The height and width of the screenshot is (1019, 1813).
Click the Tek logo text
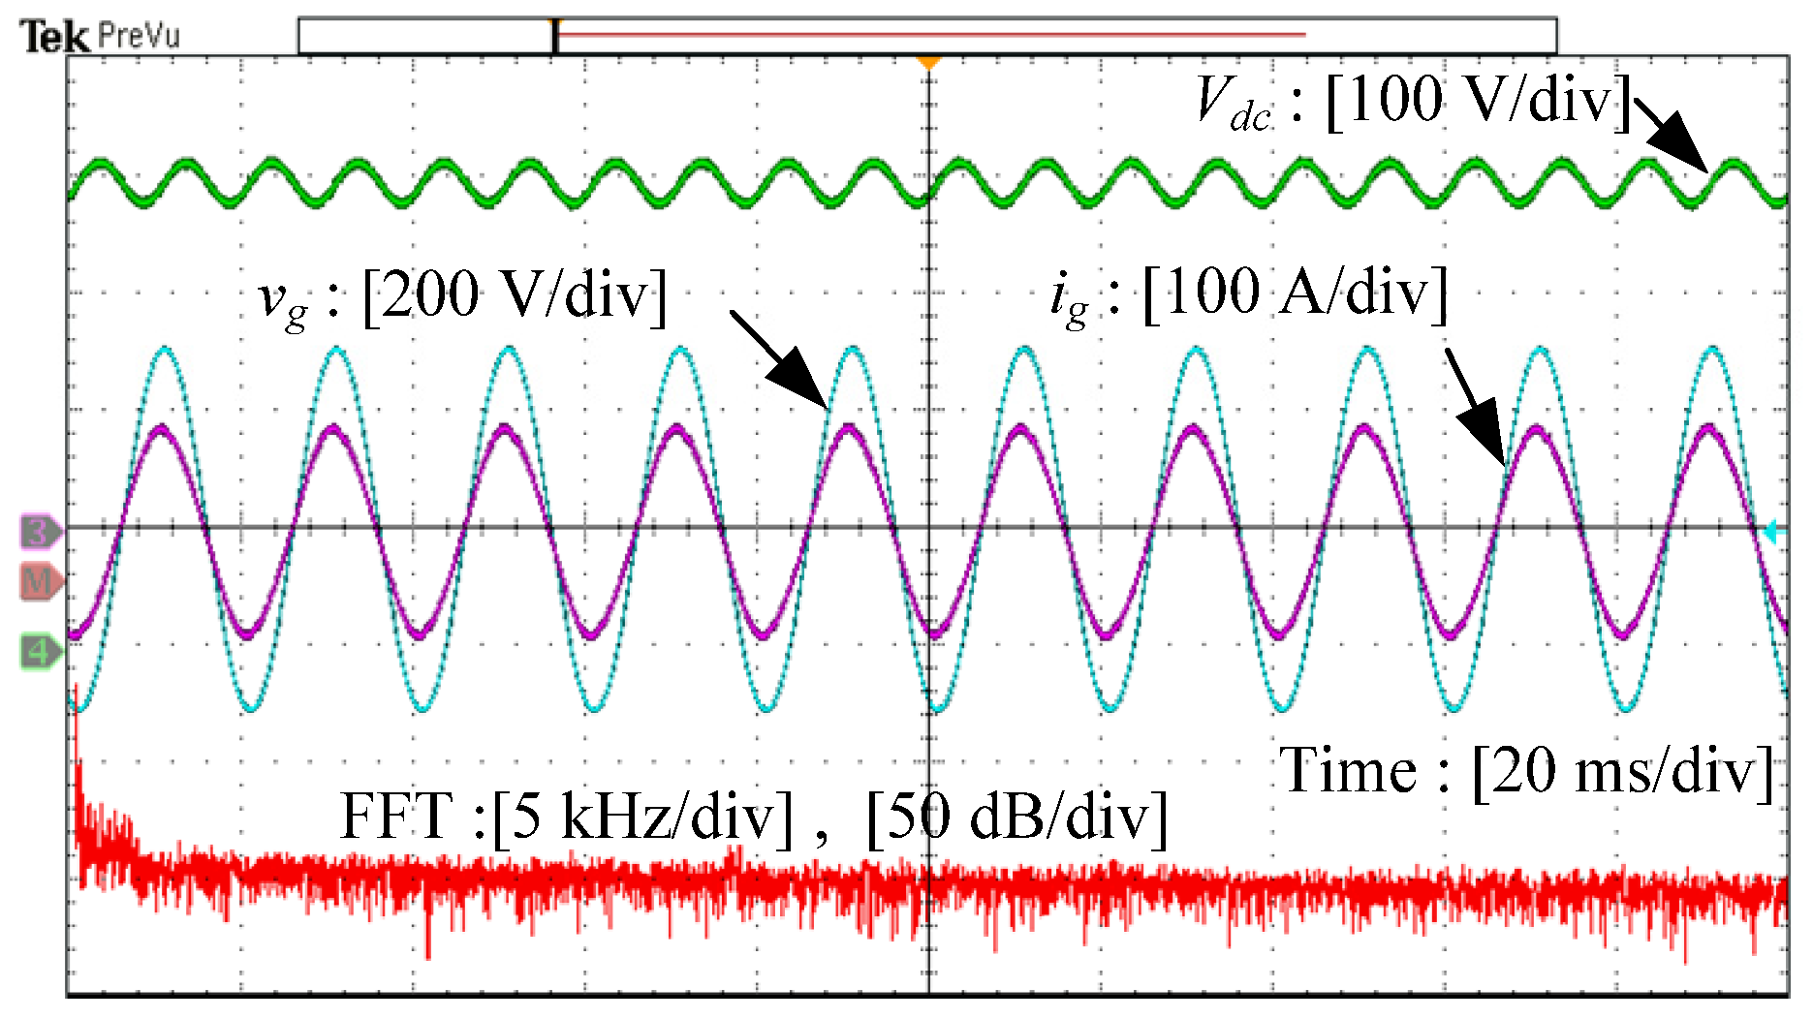(x=55, y=38)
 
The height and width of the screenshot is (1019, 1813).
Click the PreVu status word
(x=140, y=37)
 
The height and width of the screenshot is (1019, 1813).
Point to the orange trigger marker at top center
(x=928, y=63)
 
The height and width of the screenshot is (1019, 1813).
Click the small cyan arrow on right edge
(x=1773, y=531)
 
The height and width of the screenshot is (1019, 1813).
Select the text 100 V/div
(x=1478, y=100)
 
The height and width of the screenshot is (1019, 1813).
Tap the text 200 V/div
(x=515, y=294)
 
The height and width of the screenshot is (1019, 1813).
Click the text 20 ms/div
(x=1623, y=772)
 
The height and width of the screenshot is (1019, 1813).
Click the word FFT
(x=396, y=816)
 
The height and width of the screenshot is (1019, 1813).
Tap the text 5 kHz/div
(x=642, y=817)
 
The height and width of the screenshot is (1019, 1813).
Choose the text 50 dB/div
(x=1016, y=817)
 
